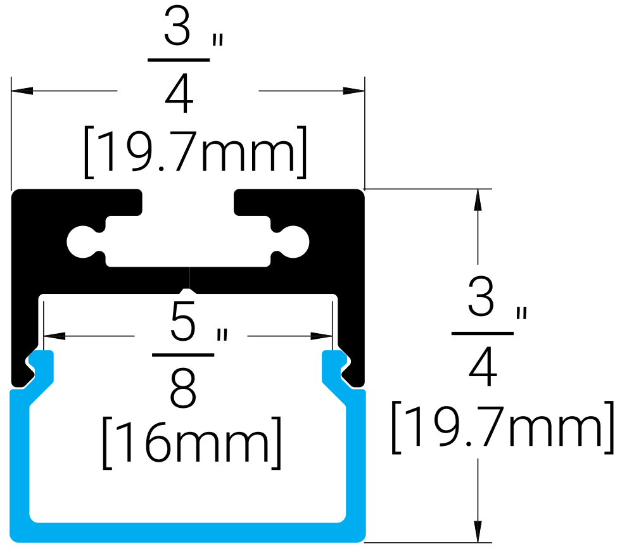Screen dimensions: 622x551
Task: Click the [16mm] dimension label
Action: point(192,443)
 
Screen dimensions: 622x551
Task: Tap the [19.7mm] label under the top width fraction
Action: point(196,152)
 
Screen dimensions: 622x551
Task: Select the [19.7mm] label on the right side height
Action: point(503,427)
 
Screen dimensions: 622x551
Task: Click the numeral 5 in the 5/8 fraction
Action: point(183,321)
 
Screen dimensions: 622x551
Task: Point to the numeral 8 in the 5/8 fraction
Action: point(183,388)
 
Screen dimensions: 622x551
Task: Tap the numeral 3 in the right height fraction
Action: point(481,296)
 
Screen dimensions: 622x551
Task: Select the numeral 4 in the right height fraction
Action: point(483,367)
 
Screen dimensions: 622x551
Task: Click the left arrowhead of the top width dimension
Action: point(22,91)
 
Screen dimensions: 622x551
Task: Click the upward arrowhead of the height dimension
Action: point(478,199)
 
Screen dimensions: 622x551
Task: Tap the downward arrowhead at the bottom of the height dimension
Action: point(478,531)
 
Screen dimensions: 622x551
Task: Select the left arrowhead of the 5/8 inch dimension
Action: point(54,336)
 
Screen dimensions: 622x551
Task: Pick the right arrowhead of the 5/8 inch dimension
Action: point(322,336)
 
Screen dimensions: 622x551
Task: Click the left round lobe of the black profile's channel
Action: point(82,242)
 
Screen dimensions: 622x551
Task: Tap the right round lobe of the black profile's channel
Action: point(294,242)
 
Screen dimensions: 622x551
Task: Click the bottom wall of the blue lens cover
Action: point(187,533)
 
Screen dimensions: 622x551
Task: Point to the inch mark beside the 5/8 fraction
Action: point(222,335)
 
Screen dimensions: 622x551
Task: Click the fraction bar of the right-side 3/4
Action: point(483,333)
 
